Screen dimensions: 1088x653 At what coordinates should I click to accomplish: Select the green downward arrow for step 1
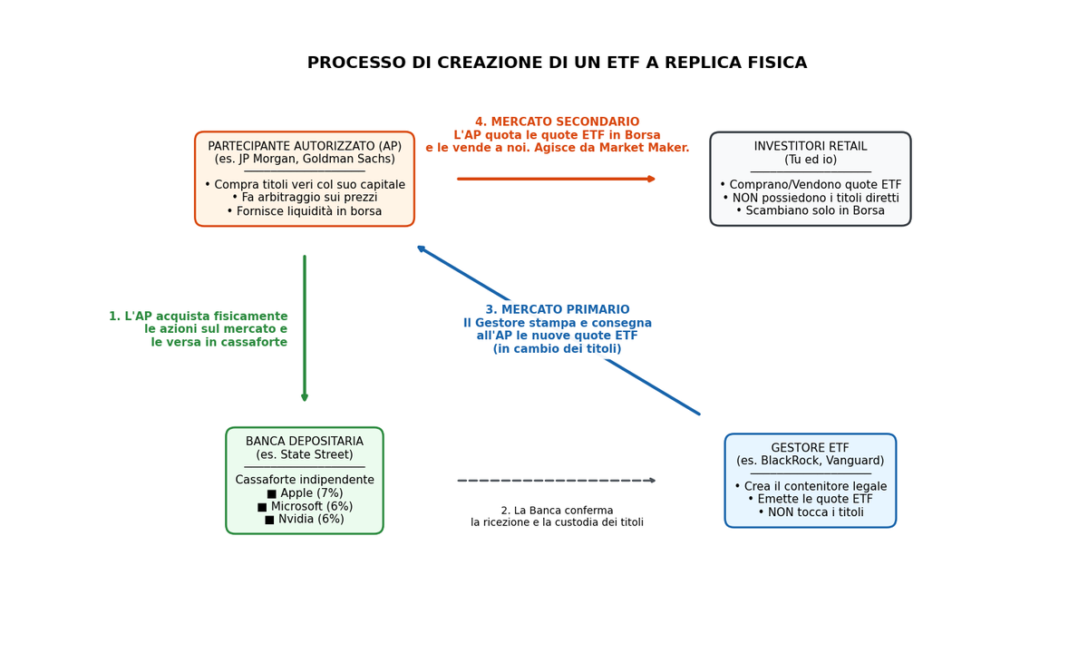pyautogui.click(x=305, y=328)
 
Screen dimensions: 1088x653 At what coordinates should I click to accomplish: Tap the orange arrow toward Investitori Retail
pyautogui.click(x=557, y=179)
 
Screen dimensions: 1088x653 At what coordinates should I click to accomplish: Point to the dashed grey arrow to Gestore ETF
pyautogui.click(x=557, y=481)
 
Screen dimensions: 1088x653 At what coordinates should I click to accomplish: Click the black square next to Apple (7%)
pyautogui.click(x=271, y=494)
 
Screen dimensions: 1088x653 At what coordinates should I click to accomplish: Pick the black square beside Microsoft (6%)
pyautogui.click(x=262, y=507)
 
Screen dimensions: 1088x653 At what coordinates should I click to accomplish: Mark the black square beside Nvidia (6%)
pyautogui.click(x=269, y=520)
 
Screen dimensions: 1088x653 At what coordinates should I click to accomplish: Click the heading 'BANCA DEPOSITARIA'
pyautogui.click(x=305, y=441)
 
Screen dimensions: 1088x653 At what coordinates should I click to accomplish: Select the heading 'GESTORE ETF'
pyautogui.click(x=811, y=447)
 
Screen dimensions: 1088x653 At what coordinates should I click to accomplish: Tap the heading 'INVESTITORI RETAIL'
pyautogui.click(x=811, y=146)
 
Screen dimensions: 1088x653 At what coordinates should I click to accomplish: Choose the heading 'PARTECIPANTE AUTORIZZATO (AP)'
pyautogui.click(x=305, y=146)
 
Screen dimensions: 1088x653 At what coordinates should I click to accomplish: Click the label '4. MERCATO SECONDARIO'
pyautogui.click(x=557, y=122)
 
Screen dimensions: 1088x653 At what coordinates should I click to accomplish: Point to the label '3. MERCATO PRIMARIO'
pyautogui.click(x=557, y=309)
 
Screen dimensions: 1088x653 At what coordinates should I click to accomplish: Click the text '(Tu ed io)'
pyautogui.click(x=811, y=160)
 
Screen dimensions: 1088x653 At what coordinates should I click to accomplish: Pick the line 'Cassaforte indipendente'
pyautogui.click(x=305, y=480)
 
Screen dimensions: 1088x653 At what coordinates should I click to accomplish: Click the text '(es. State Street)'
pyautogui.click(x=305, y=454)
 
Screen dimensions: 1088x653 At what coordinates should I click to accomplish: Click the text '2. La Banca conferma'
pyautogui.click(x=557, y=511)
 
